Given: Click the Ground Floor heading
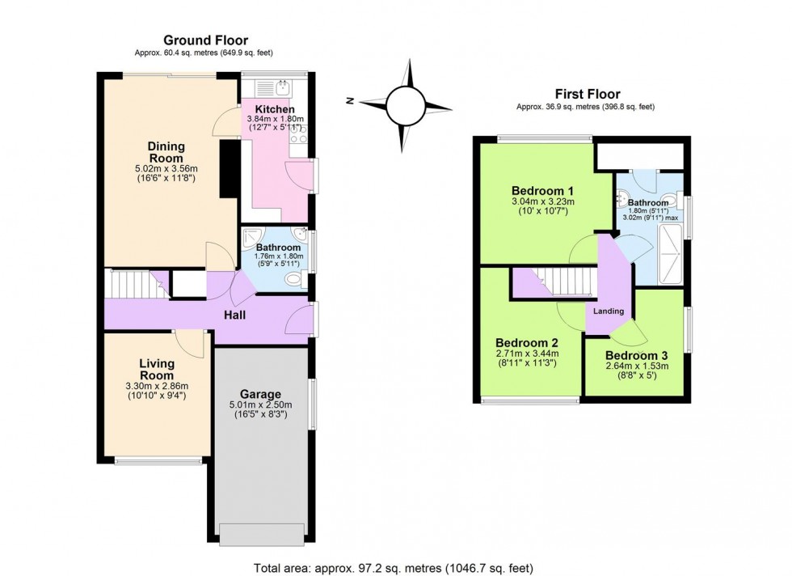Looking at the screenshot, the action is [x=205, y=40].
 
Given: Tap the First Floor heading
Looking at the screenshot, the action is [x=588, y=94].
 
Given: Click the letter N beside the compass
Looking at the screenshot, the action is [x=349, y=101].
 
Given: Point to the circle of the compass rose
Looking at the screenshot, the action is [x=405, y=104].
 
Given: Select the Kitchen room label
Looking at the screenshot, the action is [x=274, y=109].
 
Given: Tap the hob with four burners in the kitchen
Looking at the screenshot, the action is [x=298, y=133].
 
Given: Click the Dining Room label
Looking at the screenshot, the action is [x=166, y=152].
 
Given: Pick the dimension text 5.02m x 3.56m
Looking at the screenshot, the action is [x=166, y=169].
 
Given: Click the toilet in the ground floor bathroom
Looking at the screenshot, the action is [x=294, y=279].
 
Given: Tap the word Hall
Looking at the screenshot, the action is [x=235, y=315].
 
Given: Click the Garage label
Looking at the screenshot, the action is [x=260, y=394].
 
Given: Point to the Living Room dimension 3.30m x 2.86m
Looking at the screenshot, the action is [x=157, y=387].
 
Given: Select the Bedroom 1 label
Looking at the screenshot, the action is [x=542, y=191].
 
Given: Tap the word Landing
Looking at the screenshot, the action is [x=608, y=311].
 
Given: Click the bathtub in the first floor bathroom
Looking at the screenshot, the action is [x=670, y=254].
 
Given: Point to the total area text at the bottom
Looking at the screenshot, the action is [x=394, y=569].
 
